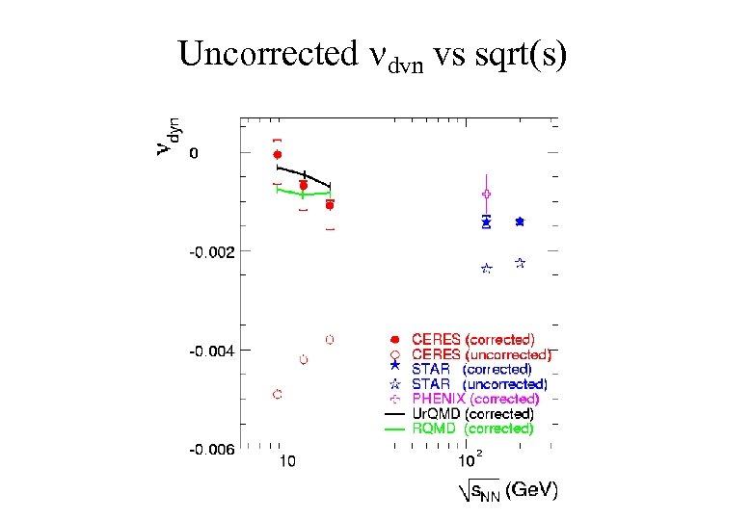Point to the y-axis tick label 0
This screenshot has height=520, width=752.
pos(194,153)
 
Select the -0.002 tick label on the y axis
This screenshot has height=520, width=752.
pos(210,252)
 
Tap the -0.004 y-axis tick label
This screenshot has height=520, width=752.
pos(210,351)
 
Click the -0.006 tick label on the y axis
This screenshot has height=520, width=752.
pos(210,449)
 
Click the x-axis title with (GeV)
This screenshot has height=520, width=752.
pos(507,490)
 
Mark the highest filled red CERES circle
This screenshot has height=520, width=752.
pos(278,154)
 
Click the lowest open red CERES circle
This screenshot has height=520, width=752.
pos(278,394)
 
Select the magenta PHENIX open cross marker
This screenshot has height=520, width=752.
pos(487,194)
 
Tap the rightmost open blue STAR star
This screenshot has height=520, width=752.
pos(520,262)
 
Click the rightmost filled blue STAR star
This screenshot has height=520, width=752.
pos(520,221)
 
